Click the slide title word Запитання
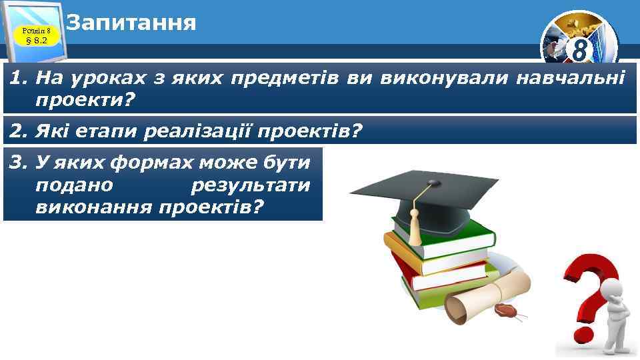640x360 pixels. (x=131, y=23)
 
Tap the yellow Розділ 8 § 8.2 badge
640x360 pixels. (x=37, y=35)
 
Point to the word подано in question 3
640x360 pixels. (x=75, y=185)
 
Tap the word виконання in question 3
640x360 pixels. (x=93, y=207)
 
